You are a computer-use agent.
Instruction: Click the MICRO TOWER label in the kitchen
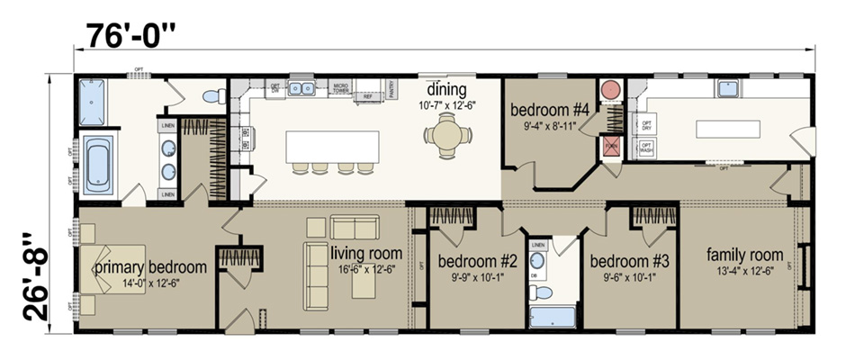340,87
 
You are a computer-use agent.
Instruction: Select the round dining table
447,138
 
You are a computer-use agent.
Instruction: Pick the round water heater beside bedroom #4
611,90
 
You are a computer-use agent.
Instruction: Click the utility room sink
727,89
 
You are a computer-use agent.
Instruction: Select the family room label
744,254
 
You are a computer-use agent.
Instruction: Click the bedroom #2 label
477,262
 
